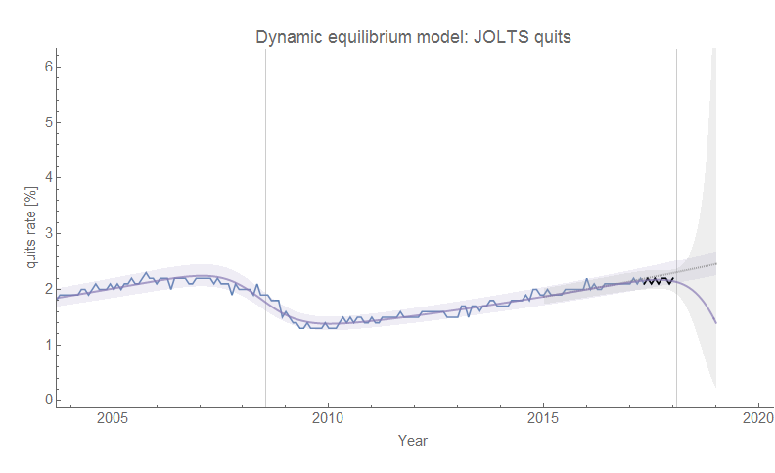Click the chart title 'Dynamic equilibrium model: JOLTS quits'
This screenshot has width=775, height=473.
pyautogui.click(x=413, y=38)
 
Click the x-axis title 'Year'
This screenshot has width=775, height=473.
pyautogui.click(x=412, y=441)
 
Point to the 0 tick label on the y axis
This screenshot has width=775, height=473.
pyautogui.click(x=46, y=400)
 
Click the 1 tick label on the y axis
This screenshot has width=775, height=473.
pyautogui.click(x=46, y=345)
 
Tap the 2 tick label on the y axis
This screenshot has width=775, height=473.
pyautogui.click(x=46, y=289)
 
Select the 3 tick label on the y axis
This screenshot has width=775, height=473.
pyautogui.click(x=46, y=233)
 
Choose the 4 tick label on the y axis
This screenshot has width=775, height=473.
pyautogui.click(x=46, y=177)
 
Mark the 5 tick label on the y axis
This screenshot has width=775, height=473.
pyautogui.click(x=46, y=122)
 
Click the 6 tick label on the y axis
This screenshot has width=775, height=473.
pyautogui.click(x=46, y=67)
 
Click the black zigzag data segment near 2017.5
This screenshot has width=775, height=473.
pyautogui.click(x=658, y=281)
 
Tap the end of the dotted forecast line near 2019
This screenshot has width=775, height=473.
pyautogui.click(x=716, y=264)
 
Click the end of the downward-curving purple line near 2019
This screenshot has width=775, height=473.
pyautogui.click(x=716, y=322)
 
